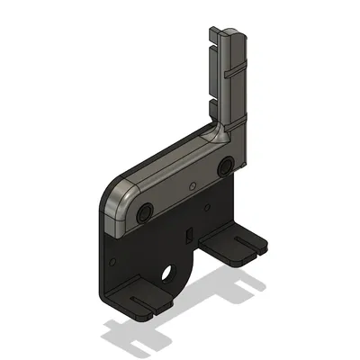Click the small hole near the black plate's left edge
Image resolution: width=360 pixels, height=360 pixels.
coord(113,265)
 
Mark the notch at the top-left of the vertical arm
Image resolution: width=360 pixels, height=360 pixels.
coord(213,36)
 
